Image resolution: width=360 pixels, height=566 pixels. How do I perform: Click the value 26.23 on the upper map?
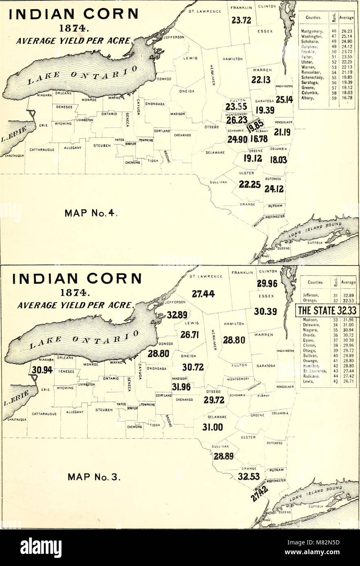pos(237,121)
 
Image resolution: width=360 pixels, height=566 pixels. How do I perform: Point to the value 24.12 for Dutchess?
pos(274,189)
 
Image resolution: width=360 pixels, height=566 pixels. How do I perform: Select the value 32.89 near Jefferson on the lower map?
pos(177,314)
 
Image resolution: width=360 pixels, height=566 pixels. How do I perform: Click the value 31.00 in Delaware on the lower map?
pos(213,427)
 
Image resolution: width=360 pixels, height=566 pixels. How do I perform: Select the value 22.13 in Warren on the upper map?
pos(261,81)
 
